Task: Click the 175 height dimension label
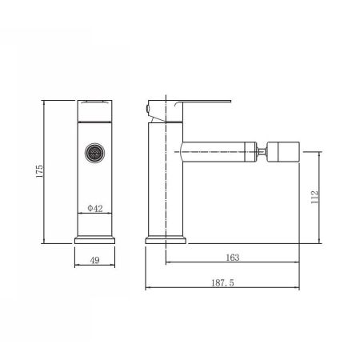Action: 39,171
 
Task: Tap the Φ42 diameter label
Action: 95,208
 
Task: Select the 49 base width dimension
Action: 94,260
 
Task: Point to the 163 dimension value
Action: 233,258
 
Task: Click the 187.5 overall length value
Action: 222,282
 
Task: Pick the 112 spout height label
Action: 314,197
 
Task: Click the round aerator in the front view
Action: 94,153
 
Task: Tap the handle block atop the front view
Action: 94,110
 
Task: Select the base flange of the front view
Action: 94,240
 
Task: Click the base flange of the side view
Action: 166,240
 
